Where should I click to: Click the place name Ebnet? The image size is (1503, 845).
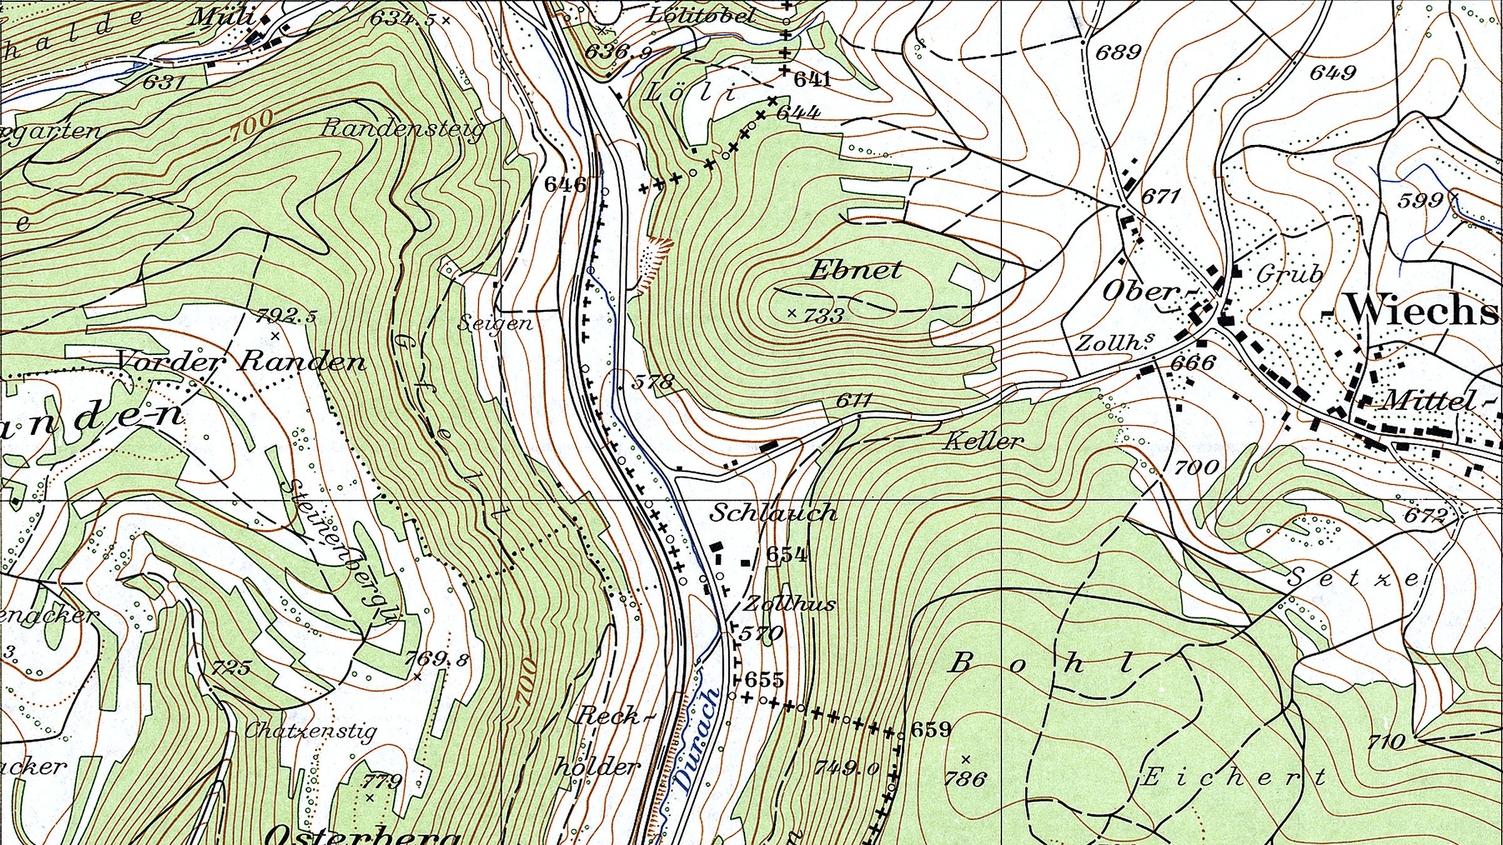(x=855, y=270)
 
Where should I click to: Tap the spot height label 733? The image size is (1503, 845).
(x=824, y=315)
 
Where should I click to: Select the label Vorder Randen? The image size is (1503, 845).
(x=241, y=361)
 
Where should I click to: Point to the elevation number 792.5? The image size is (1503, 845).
(x=286, y=316)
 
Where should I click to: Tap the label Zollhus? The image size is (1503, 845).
(x=789, y=604)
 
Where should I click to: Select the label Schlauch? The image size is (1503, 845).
(x=773, y=513)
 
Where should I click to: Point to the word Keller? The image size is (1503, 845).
(x=984, y=442)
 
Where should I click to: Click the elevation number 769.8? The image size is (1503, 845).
(x=436, y=659)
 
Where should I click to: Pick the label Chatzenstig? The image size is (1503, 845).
(x=311, y=730)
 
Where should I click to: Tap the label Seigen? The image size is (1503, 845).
(x=495, y=323)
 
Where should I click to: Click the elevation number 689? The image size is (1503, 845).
(x=1118, y=51)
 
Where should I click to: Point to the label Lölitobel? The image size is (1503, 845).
(x=701, y=16)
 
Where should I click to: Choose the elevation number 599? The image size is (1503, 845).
(x=1420, y=201)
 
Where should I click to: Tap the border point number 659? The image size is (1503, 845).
(x=931, y=729)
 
